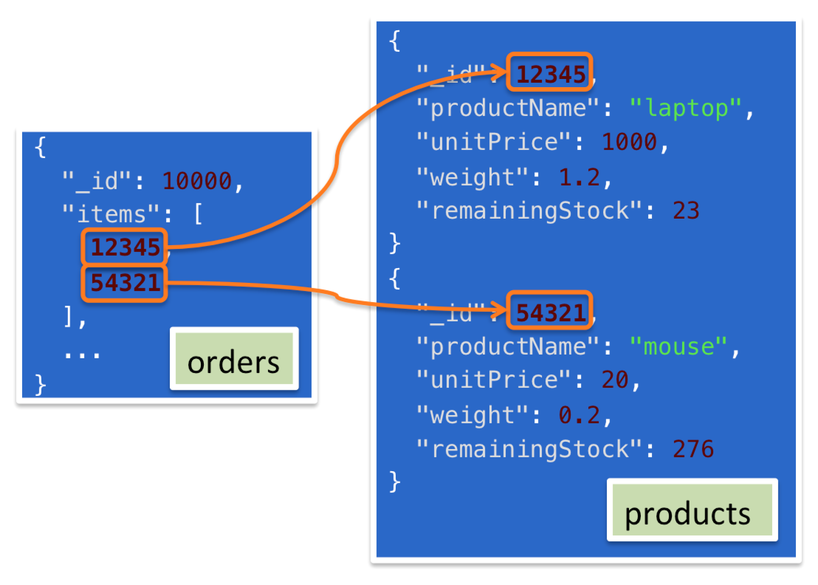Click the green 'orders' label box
tap(234, 359)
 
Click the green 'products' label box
tap(692, 510)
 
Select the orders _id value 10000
tap(197, 181)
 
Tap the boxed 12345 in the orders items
tap(125, 247)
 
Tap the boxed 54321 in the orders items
tap(125, 282)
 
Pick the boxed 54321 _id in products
tap(550, 312)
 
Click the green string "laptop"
tap(686, 108)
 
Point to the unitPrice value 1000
tap(629, 142)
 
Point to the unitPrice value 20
tap(615, 379)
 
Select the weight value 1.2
tap(579, 177)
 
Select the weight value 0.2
tap(579, 415)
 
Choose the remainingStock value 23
tap(686, 210)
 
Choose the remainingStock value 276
tap(693, 449)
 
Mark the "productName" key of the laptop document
tap(507, 108)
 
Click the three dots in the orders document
tap(82, 355)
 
